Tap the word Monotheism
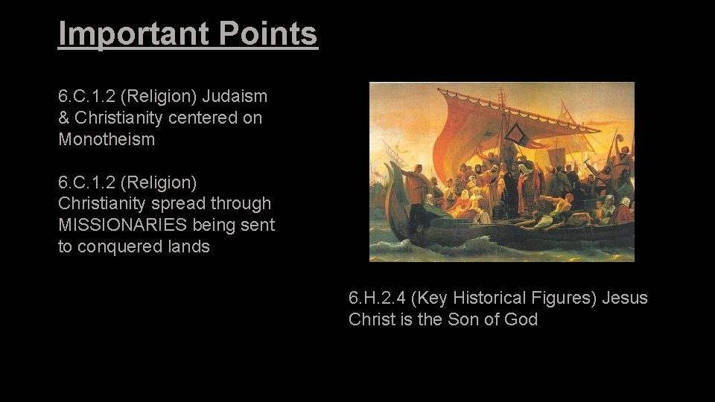[107, 139]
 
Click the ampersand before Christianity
[64, 118]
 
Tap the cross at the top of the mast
[501, 94]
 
